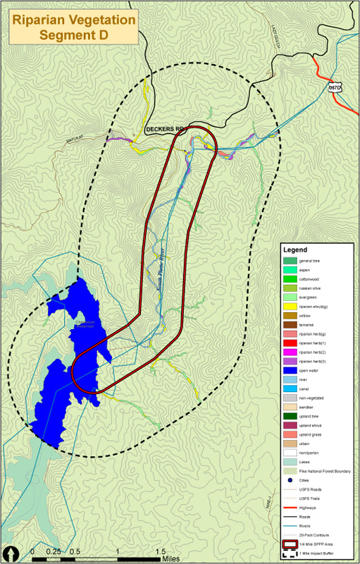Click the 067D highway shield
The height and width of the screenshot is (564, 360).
335,87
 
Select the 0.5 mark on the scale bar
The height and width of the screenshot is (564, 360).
74,551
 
